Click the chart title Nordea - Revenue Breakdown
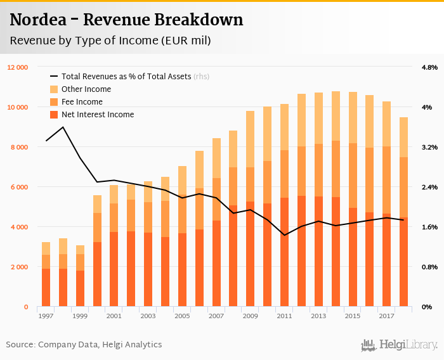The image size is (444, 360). [126, 20]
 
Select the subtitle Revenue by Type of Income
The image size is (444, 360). [110, 41]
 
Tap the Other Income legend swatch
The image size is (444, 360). [54, 89]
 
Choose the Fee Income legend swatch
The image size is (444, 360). [54, 102]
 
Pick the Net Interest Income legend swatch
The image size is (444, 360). [54, 115]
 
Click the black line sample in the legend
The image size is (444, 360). [54, 77]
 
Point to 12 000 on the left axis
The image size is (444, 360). [18, 67]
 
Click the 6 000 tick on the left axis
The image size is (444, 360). [19, 187]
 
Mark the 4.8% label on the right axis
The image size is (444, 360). [429, 67]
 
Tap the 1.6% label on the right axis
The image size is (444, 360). [429, 227]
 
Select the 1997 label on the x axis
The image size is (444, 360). [46, 316]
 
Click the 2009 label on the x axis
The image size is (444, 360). [251, 316]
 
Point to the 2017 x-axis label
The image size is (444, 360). [386, 316]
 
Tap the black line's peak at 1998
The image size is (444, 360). [63, 127]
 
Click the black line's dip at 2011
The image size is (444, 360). [284, 235]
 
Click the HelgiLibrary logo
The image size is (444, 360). [399, 345]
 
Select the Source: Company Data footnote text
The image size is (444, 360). [84, 345]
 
